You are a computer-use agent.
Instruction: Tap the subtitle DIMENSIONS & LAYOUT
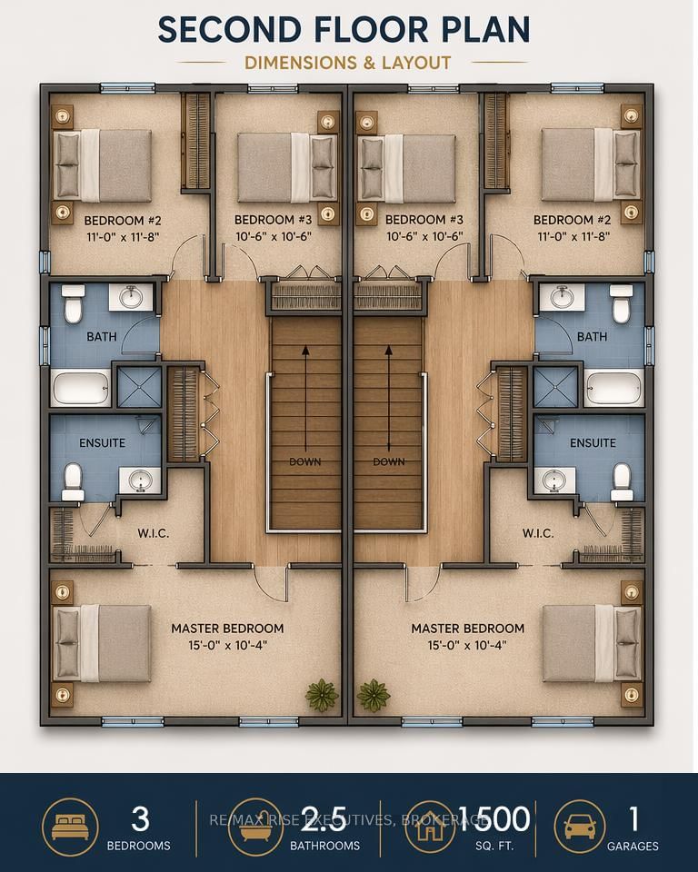click(349, 63)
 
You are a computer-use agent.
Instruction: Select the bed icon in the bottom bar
click(70, 826)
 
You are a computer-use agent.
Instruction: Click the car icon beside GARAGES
click(581, 826)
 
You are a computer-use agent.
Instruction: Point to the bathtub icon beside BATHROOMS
click(255, 826)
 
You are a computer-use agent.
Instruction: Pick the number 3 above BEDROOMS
click(140, 819)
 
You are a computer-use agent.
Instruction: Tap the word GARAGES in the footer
click(633, 846)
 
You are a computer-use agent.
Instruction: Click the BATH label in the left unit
click(101, 337)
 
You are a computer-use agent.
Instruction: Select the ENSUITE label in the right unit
click(593, 443)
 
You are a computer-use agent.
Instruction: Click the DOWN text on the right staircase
click(388, 461)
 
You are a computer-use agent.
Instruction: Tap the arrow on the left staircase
click(305, 391)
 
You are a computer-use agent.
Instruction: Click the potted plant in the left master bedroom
click(321, 695)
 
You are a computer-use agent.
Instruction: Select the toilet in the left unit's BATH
click(74, 304)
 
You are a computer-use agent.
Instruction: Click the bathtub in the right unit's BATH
click(614, 389)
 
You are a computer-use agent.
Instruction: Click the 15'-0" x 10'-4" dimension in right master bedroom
click(467, 645)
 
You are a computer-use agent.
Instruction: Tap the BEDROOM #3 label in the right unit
click(424, 220)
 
